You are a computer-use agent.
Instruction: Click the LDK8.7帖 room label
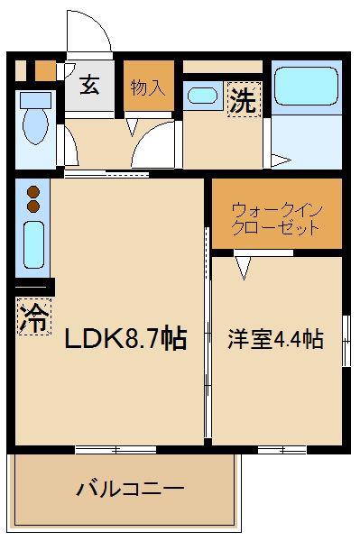[x=126, y=338]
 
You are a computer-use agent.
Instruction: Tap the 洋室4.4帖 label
[x=275, y=339]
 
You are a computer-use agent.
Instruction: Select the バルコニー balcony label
[x=130, y=489]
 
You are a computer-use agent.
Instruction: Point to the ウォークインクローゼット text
[x=277, y=219]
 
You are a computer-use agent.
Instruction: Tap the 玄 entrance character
[x=89, y=85]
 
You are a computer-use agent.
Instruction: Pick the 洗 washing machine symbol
[x=244, y=99]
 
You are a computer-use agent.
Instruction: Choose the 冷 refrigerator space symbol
[x=33, y=317]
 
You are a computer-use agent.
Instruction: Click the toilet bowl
[x=35, y=117]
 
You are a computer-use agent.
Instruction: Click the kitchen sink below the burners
[x=33, y=245]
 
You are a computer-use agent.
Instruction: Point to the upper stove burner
[x=33, y=191]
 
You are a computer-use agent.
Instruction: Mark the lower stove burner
[x=33, y=206]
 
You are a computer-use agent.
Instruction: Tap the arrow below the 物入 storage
[x=132, y=126]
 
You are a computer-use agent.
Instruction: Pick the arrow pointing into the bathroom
[x=282, y=160]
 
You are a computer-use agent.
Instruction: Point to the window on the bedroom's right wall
[x=346, y=341]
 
